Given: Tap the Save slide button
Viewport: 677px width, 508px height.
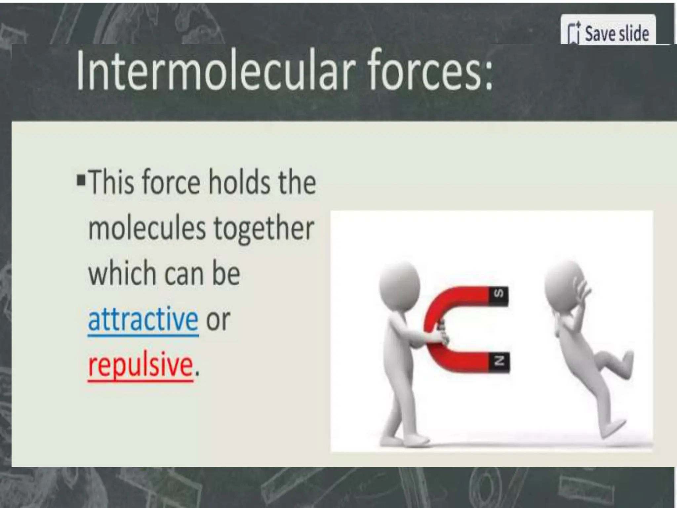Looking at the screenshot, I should (608, 33).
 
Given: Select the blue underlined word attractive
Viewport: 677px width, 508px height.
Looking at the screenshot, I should (143, 319).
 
